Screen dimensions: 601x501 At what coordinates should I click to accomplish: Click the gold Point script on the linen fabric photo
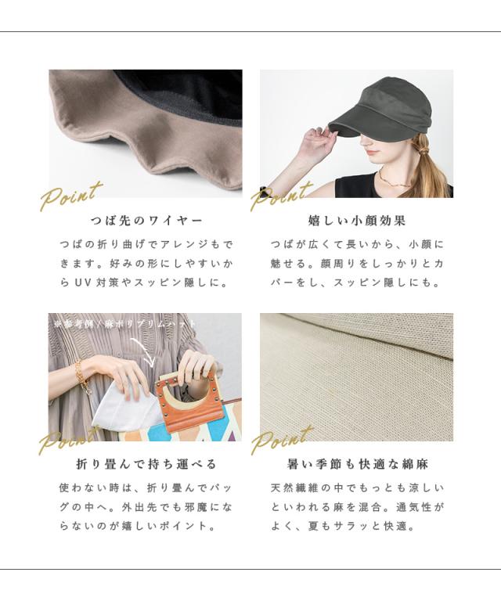282,439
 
